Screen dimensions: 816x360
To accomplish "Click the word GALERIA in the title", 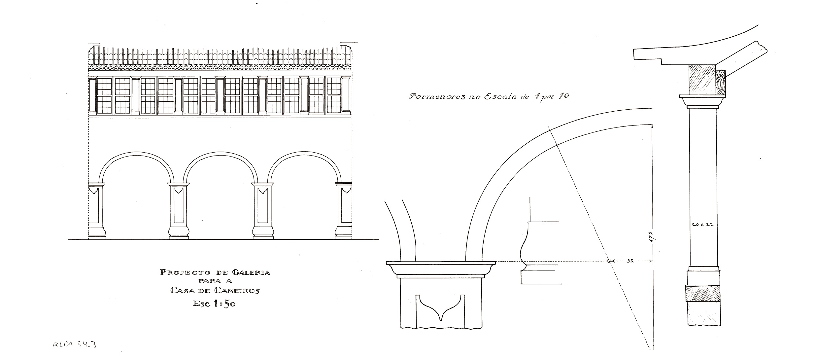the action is pyautogui.click(x=251, y=272).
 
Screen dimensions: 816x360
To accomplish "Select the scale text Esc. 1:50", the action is pyautogui.click(x=214, y=304).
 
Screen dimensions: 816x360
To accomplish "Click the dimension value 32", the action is pyautogui.click(x=630, y=261).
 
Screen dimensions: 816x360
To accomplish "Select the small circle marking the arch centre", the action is pyautogui.click(x=609, y=261).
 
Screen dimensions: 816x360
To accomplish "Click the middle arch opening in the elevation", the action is pyautogui.click(x=221, y=205).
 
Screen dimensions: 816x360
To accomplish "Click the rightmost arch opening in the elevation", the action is pyautogui.click(x=304, y=205).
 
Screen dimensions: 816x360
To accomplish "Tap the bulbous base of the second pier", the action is pyautogui.click(x=179, y=232).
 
